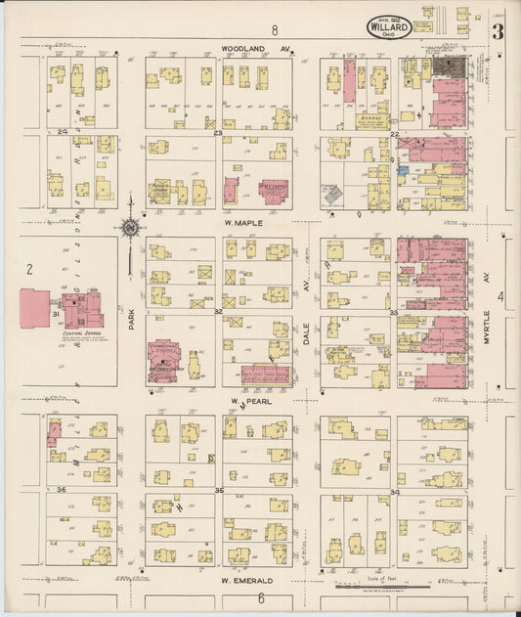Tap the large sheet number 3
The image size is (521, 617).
coord(499,31)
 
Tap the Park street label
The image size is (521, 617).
coord(130,319)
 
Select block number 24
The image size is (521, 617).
coord(62,132)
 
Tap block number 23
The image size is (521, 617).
coord(219,132)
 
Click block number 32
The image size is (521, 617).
coord(219,312)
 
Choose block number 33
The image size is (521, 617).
coord(394,312)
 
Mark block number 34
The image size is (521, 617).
coord(394,490)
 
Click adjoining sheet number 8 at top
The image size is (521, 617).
coord(276,30)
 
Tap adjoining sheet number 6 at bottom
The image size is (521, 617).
coord(261,598)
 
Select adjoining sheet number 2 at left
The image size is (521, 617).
coord(29,268)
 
